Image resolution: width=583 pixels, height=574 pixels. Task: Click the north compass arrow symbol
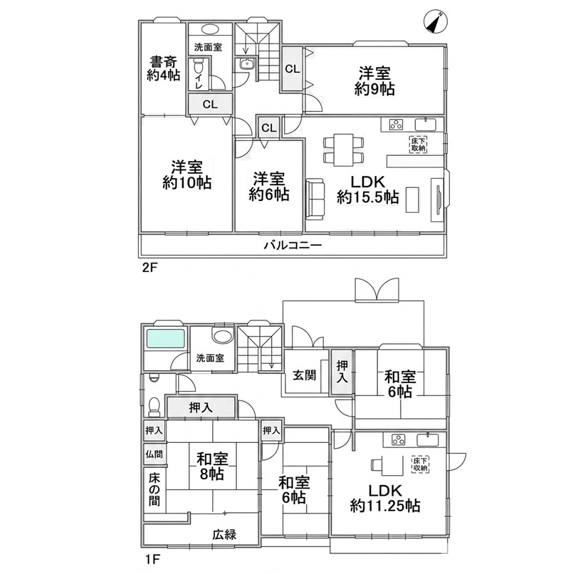436,22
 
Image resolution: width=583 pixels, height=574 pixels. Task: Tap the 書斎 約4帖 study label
163,68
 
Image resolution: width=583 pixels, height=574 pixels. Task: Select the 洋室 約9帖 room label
374,81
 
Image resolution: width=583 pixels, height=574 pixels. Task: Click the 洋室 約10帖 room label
187,175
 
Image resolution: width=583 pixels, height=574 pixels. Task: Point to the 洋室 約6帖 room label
269,187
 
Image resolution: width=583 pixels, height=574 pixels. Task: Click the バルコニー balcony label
293,245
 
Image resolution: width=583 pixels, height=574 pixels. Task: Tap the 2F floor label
150,268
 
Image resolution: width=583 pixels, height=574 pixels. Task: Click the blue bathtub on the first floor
166,338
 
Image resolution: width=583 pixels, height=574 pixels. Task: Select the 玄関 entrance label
304,375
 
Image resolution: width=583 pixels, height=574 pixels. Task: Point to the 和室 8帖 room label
212,466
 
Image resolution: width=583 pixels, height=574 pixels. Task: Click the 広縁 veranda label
224,535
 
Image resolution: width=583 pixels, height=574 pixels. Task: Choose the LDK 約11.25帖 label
385,499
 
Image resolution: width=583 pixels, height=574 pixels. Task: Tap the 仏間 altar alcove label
154,454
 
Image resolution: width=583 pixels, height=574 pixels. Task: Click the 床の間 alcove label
154,489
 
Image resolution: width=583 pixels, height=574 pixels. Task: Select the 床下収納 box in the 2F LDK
418,145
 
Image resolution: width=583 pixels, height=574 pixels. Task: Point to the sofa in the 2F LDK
315,199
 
